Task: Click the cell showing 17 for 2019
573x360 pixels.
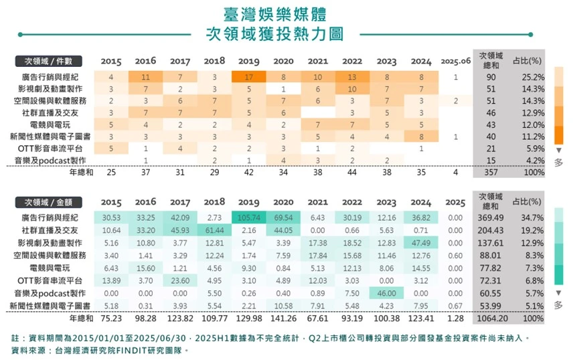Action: [249, 77]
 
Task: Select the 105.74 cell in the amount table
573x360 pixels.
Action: [249, 217]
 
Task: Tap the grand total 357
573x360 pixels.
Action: [491, 172]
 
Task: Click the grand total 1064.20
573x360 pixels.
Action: [492, 319]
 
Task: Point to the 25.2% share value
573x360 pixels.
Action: [533, 77]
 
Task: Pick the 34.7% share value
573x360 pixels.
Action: [532, 217]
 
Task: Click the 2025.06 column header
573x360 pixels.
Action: [456, 61]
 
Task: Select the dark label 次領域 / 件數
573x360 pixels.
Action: [48, 61]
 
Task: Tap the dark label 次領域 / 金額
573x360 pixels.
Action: [48, 202]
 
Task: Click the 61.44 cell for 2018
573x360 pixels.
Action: [214, 230]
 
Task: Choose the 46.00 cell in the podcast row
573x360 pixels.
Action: [387, 293]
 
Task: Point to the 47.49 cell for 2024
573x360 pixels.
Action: [421, 243]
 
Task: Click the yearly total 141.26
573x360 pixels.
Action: [283, 319]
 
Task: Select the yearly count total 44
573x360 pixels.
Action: [352, 172]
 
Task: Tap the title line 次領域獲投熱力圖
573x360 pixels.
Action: [275, 34]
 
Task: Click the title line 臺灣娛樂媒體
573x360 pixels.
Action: [275, 14]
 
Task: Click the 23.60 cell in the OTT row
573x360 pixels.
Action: [180, 280]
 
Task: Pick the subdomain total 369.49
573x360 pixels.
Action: [491, 217]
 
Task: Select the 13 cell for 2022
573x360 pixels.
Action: [352, 77]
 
